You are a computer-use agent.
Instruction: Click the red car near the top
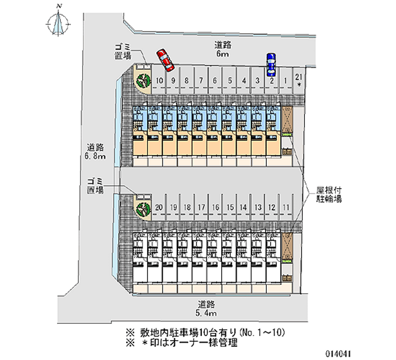pyautogui.click(x=165, y=59)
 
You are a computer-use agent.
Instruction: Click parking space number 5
pyautogui.click(x=230, y=80)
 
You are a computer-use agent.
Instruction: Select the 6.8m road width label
pyautogui.click(x=96, y=152)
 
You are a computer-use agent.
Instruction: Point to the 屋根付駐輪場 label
pyautogui.click(x=327, y=194)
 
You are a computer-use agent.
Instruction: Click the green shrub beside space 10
pyautogui.click(x=143, y=79)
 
